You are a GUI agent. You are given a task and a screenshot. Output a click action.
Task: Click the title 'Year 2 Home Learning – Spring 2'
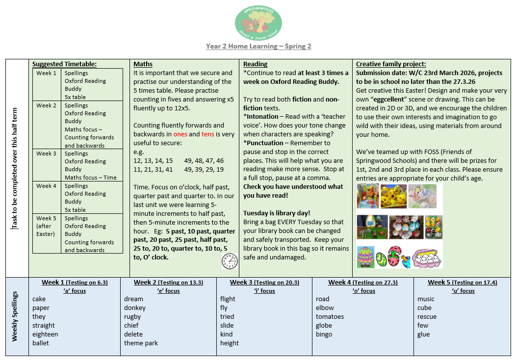click(258, 47)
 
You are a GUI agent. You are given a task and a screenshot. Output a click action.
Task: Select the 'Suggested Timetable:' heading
click(64, 64)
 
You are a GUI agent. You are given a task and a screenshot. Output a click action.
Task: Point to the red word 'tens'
click(207, 134)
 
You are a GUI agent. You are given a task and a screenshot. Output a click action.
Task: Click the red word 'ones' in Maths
click(180, 134)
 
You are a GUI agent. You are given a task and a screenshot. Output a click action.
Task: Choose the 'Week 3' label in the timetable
click(46, 154)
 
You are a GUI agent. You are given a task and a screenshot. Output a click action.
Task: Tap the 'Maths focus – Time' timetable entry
click(91, 178)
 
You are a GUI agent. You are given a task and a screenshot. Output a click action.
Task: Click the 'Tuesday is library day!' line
click(277, 213)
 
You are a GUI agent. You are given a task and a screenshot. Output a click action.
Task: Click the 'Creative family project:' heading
click(391, 64)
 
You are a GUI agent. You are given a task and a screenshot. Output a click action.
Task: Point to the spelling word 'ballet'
click(41, 343)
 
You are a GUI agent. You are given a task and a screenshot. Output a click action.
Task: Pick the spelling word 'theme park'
click(141, 343)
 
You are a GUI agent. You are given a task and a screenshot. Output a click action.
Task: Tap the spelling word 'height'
click(230, 343)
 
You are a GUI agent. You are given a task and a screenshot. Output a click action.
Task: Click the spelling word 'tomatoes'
click(330, 317)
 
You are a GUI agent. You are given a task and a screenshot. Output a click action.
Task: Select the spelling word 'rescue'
click(427, 317)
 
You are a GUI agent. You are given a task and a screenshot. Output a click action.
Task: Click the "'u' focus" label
click(463, 291)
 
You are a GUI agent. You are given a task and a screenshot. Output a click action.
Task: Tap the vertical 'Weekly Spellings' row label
click(15, 316)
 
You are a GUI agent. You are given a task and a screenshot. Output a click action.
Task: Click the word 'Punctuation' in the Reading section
click(265, 143)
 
